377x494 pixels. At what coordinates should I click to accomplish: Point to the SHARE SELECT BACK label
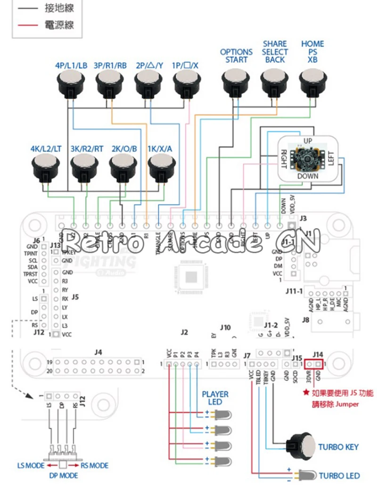tap(275, 52)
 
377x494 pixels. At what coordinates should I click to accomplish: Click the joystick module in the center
tap(307, 158)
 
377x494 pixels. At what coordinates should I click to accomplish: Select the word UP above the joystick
tap(308, 141)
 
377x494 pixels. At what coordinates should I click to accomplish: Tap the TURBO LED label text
tap(339, 476)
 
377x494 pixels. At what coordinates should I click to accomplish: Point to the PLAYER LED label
tap(215, 398)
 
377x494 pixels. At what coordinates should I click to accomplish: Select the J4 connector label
tap(98, 352)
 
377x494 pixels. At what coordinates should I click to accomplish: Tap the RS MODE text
tap(94, 466)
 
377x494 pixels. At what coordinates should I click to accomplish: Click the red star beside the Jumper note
tap(306, 393)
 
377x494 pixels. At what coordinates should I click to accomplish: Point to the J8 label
tap(305, 321)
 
